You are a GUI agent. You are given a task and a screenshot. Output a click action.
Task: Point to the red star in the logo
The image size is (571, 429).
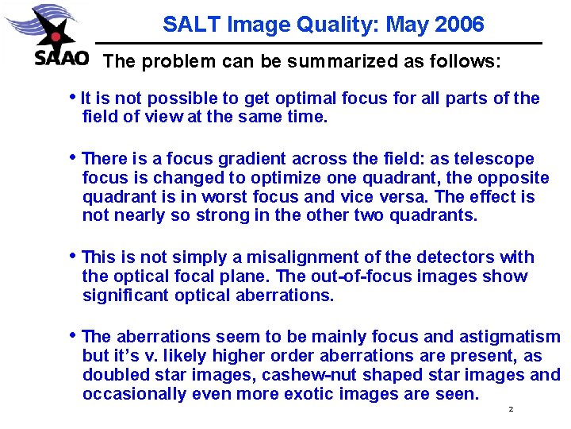click(56, 36)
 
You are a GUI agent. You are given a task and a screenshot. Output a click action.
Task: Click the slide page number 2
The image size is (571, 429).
click(512, 409)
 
